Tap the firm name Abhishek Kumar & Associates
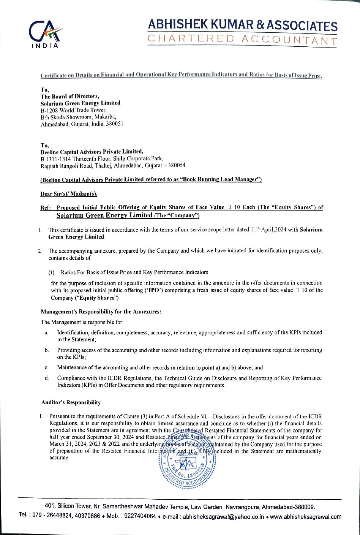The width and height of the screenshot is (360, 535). click(x=242, y=25)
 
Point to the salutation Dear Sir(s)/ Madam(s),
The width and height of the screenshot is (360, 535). click(x=69, y=194)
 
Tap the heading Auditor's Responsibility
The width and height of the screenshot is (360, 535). click(x=71, y=402)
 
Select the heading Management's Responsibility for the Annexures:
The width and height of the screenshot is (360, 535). click(x=101, y=312)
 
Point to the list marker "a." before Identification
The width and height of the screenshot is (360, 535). click(x=46, y=333)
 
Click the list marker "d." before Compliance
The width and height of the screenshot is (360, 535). click(x=46, y=378)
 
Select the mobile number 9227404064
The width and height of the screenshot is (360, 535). click(x=142, y=517)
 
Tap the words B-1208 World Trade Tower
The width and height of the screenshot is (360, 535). click(x=71, y=110)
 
